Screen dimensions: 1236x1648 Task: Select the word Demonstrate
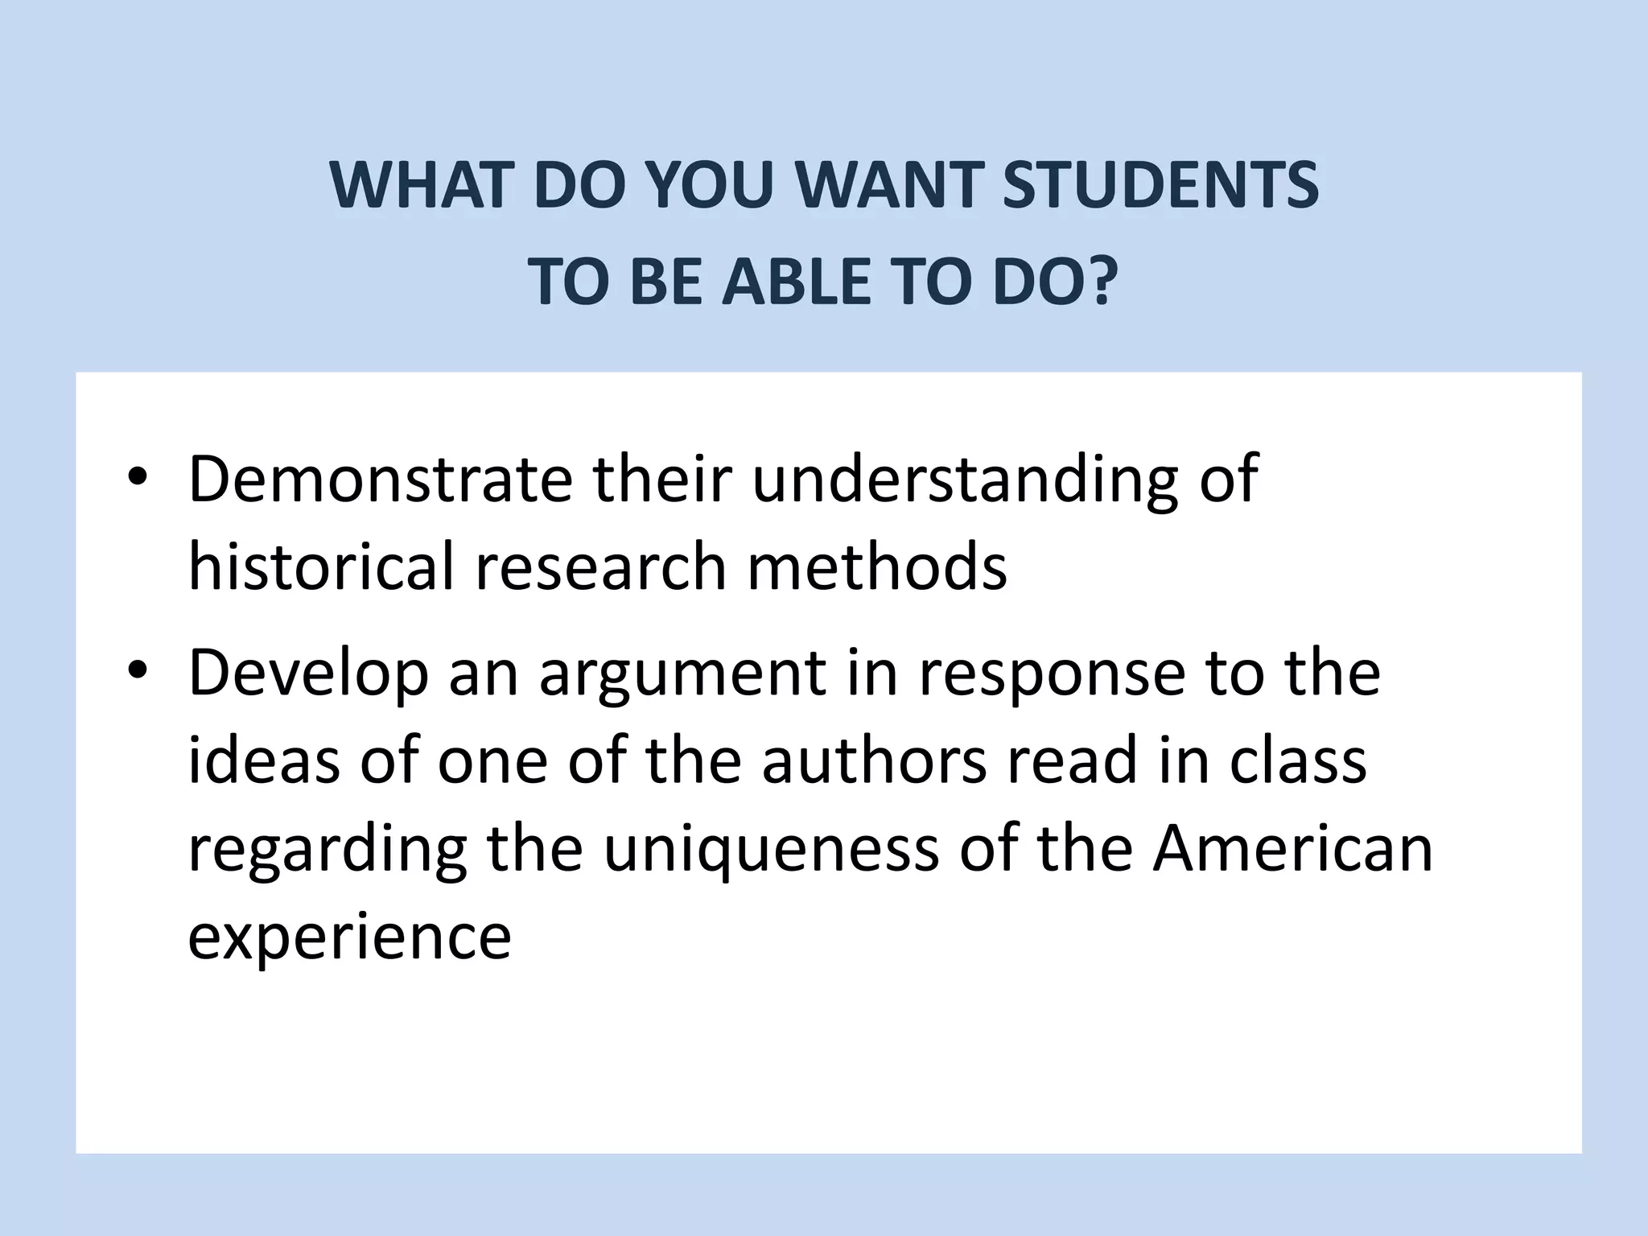pos(380,479)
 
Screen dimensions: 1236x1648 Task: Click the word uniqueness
pos(771,851)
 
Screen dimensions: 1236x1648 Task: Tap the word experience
pos(349,939)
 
